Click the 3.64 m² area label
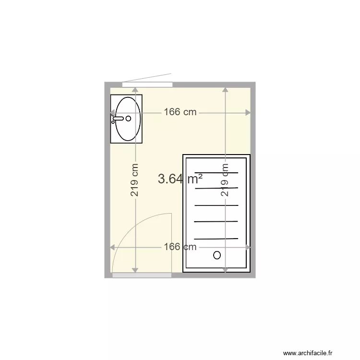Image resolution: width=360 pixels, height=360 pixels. tap(180, 179)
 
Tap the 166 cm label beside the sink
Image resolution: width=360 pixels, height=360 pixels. tap(180, 112)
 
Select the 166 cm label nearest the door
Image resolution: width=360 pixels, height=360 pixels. tap(180, 247)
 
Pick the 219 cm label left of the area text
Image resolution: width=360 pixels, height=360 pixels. tap(135, 180)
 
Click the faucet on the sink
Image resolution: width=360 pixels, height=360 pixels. tap(118, 118)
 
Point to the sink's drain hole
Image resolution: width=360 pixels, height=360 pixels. tap(129, 118)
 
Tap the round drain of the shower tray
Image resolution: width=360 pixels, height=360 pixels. tap(217, 255)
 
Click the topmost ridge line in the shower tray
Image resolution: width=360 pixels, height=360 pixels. tap(216, 172)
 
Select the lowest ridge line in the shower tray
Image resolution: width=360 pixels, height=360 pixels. tap(216, 239)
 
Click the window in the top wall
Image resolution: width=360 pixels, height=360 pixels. tap(147, 84)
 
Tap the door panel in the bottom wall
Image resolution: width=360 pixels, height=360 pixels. tap(142, 275)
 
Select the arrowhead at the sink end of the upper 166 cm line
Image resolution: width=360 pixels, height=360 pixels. tap(113, 113)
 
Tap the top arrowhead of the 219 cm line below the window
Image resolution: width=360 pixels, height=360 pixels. tap(135, 89)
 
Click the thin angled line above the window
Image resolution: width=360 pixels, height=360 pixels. tap(147, 78)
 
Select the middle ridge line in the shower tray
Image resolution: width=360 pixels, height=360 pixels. tap(216, 205)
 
